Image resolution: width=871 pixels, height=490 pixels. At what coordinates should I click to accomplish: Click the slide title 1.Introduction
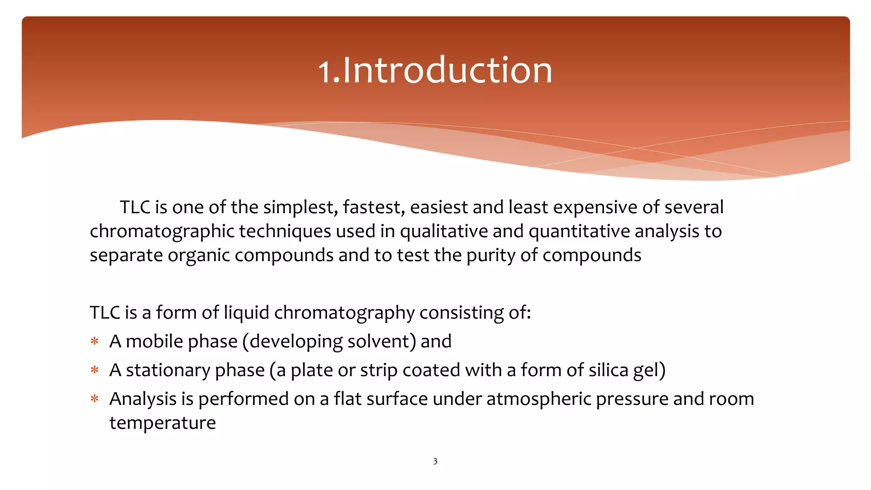(x=435, y=70)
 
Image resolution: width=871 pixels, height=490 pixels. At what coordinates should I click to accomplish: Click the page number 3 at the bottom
(x=435, y=462)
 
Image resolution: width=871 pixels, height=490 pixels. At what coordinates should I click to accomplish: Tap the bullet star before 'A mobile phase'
(x=94, y=341)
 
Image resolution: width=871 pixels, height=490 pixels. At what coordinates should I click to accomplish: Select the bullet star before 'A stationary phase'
(x=94, y=370)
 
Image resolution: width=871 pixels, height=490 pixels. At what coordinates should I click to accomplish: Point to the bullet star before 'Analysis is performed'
(x=94, y=399)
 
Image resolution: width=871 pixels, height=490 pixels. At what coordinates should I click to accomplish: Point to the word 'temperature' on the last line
(x=162, y=423)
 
